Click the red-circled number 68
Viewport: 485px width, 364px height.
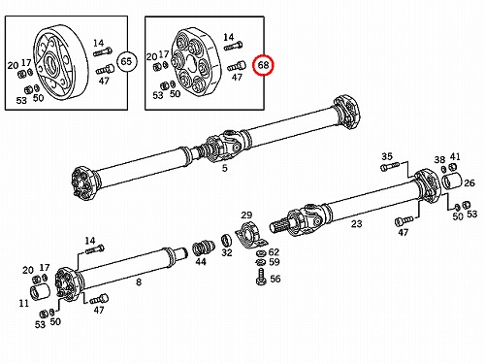(x=263, y=65)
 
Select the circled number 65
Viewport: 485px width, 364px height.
(x=126, y=61)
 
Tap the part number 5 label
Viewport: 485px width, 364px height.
(x=225, y=168)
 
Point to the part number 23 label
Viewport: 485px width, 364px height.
(x=357, y=223)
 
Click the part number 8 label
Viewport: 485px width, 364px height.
(x=139, y=282)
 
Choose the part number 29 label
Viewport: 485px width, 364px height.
(x=246, y=215)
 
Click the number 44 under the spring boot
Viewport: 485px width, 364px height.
(x=201, y=261)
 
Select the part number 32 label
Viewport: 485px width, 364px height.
(x=227, y=252)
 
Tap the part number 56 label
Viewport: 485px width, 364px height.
(x=275, y=279)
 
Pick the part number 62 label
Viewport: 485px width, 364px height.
(x=274, y=251)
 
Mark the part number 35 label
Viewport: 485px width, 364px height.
(x=387, y=156)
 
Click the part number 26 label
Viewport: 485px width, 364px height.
(x=469, y=183)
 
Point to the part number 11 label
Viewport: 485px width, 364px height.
(x=24, y=304)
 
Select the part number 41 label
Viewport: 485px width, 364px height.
(x=455, y=156)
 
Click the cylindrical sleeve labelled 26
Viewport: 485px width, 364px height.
(x=452, y=181)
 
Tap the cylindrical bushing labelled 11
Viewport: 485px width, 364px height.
(x=40, y=291)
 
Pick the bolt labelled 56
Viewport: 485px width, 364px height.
(x=261, y=277)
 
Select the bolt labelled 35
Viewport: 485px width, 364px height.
(x=391, y=167)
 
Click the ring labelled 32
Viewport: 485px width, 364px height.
(x=227, y=241)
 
